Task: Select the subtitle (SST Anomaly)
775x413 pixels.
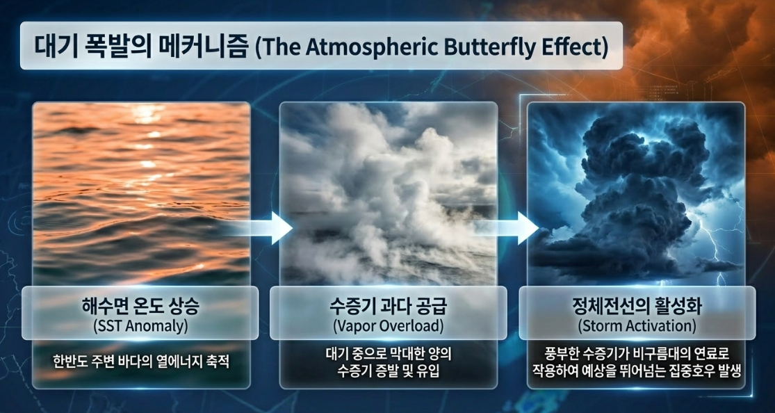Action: point(140,327)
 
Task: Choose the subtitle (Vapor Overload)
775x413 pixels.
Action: point(388,327)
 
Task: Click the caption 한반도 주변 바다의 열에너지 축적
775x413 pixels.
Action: point(141,362)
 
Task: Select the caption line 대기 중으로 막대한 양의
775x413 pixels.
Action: point(389,354)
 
